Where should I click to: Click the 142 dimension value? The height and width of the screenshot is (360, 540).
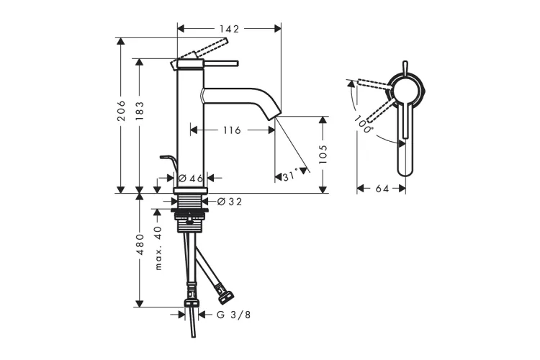point(229,29)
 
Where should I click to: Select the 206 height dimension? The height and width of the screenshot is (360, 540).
point(121,111)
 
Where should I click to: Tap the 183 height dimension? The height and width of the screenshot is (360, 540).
point(140,111)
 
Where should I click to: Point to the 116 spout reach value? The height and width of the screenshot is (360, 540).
point(232,130)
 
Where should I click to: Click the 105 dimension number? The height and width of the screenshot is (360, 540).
point(323,154)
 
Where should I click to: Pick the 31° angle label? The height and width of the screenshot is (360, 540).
point(289,176)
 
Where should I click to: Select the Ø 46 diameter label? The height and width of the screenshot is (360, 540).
point(191,178)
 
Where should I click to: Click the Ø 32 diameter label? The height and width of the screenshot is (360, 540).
point(230,202)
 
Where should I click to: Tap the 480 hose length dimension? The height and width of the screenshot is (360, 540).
point(140,244)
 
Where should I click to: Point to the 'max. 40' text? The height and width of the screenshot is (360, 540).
point(158,248)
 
